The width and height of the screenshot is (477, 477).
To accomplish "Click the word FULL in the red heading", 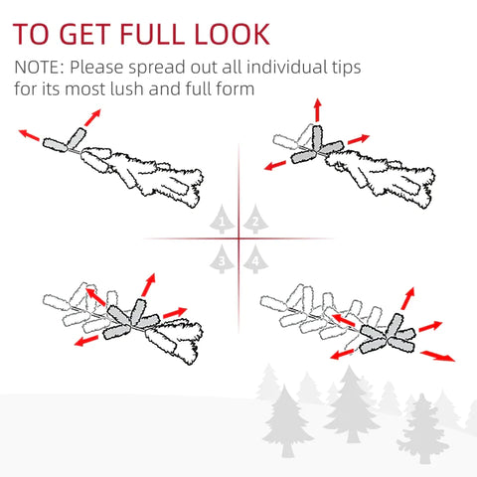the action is (x=152, y=34).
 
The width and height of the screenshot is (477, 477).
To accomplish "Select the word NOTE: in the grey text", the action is (x=39, y=68).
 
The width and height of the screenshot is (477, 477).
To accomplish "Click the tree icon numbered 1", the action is (x=222, y=219).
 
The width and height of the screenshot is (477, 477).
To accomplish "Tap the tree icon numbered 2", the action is (x=255, y=219).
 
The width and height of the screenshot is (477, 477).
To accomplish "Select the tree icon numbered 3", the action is (x=222, y=259).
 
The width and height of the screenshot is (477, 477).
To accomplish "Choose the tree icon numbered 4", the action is (x=255, y=259).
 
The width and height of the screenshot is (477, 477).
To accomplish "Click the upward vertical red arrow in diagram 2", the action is (x=318, y=110).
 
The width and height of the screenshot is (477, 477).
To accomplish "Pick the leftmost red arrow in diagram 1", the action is (x=29, y=135).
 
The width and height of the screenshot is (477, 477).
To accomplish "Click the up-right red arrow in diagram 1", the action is (x=92, y=117).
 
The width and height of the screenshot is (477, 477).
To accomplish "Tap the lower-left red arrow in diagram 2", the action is (x=275, y=165).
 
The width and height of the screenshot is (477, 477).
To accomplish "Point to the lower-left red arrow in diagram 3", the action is (x=86, y=341).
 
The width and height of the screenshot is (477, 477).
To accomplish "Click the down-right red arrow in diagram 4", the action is (x=437, y=356).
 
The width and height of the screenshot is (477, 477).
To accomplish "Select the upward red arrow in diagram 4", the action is (x=407, y=298).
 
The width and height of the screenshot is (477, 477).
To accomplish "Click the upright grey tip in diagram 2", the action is (x=317, y=138).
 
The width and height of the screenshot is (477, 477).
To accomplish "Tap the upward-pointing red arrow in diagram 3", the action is (x=148, y=284).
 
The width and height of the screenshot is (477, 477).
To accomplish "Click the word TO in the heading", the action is (x=31, y=34).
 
